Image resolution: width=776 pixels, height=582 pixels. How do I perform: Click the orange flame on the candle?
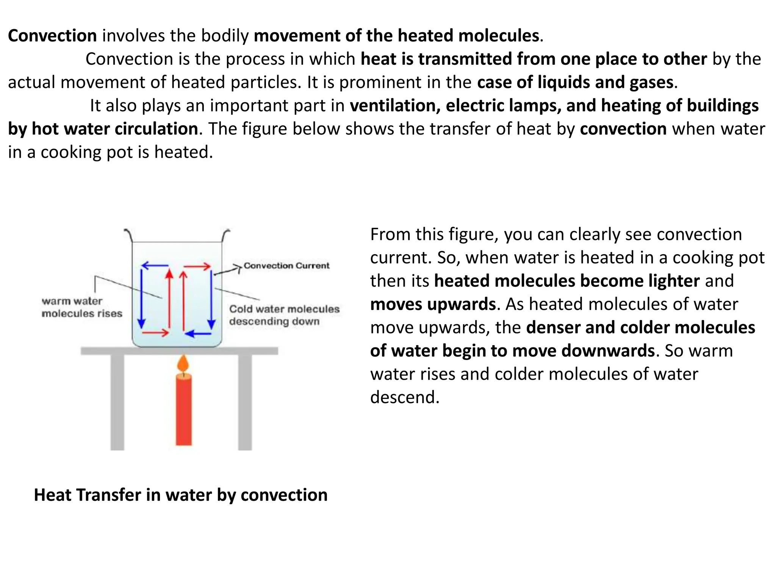coord(183,364)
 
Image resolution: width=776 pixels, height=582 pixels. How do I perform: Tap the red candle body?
coord(184,409)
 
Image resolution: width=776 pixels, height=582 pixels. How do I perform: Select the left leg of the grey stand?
coord(117,402)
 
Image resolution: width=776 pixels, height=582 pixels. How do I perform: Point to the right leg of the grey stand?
coord(245,402)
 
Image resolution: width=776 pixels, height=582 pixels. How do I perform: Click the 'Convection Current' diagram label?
coord(286,266)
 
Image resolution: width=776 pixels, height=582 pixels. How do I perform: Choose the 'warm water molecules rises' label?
coord(82,307)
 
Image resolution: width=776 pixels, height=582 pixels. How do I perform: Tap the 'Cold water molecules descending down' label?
coord(284,315)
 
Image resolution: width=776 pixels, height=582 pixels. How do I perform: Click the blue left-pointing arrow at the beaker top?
coord(155,266)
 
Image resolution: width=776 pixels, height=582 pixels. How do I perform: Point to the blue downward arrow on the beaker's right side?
coord(211,299)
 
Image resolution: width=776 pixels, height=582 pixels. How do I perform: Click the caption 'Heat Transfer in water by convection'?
coord(181,495)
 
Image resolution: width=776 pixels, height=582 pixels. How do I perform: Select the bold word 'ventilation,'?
coord(395,106)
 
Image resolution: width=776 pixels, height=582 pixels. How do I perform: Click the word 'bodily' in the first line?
coord(225,36)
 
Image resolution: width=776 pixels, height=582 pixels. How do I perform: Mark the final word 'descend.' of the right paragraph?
coord(405,397)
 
